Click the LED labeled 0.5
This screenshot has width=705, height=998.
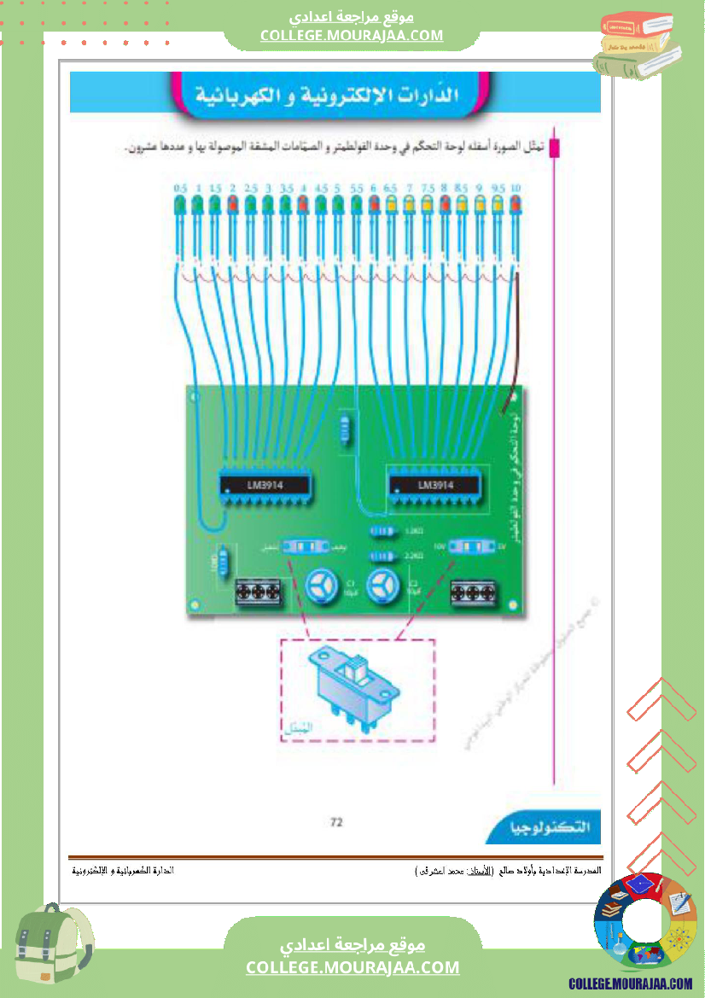coord(179,204)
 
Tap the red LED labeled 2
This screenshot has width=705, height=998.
coord(232,204)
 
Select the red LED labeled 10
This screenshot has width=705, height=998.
coord(516,204)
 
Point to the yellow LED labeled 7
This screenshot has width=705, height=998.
coord(409,204)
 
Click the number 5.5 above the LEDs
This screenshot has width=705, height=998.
coord(356,188)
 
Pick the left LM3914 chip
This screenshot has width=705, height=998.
coord(265,485)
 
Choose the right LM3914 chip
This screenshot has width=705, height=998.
coord(435,485)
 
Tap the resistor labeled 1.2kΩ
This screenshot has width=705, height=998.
coord(380,532)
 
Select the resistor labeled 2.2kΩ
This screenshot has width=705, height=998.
coord(380,557)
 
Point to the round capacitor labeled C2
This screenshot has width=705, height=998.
coord(382,587)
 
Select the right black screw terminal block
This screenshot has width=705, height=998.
coord(474,592)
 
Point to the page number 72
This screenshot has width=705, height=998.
coord(336,822)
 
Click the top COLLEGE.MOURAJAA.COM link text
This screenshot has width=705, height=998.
coord(352,35)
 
